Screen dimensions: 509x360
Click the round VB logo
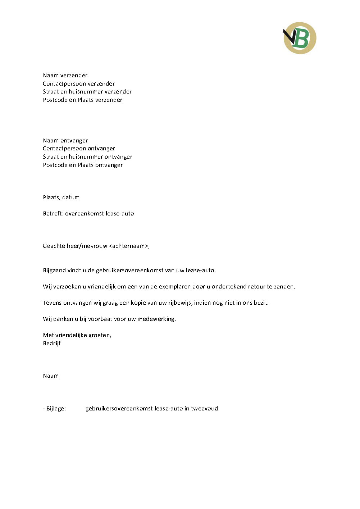300,38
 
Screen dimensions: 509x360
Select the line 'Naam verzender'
65,76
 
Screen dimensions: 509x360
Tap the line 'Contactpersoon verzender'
79,84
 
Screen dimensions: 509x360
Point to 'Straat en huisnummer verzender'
87,92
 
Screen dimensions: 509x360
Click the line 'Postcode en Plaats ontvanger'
83,165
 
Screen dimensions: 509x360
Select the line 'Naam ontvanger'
65,141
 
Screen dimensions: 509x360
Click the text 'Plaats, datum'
61,197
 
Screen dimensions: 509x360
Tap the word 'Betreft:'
53,214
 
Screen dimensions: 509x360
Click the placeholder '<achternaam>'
128,246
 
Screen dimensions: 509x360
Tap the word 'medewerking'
156,319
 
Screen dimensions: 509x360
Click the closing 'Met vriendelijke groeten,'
77,335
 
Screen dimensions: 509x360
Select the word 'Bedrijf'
52,344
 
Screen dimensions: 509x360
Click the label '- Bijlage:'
54,409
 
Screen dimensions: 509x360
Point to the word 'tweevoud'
204,409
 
